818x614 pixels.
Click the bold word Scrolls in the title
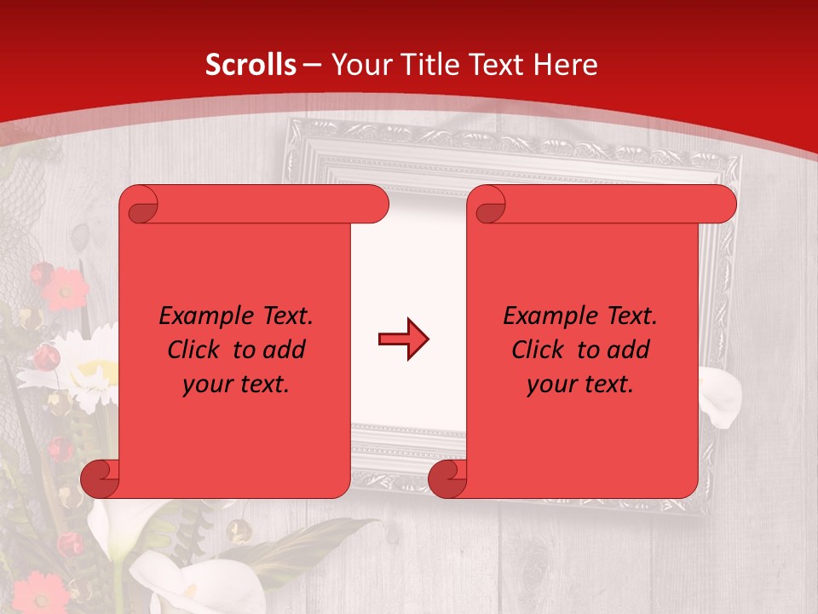[251, 65]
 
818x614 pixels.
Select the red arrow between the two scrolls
[403, 339]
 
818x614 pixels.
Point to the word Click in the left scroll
[197, 350]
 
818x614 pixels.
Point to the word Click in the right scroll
[541, 350]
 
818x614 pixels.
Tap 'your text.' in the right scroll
[580, 384]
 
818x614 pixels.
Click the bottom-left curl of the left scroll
[101, 478]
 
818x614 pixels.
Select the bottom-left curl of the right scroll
[447, 478]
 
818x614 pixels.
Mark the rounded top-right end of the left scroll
[376, 205]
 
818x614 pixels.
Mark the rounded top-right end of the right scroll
[723, 205]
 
